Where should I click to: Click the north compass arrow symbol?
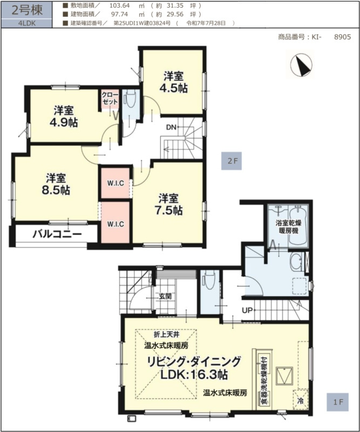pyautogui.click(x=302, y=65)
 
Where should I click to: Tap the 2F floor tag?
pyautogui.click(x=232, y=161)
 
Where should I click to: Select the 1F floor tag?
pyautogui.click(x=338, y=402)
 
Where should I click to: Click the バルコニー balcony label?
pyautogui.click(x=57, y=235)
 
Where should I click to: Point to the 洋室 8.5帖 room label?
pyautogui.click(x=56, y=184)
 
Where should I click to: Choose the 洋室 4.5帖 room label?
pyautogui.click(x=174, y=82)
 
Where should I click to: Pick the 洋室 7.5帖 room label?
pyautogui.click(x=168, y=204)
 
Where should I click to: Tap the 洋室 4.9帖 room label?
pyautogui.click(x=64, y=116)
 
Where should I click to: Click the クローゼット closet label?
pyautogui.click(x=110, y=98)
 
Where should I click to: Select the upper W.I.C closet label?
pyautogui.click(x=116, y=183)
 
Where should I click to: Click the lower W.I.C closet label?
pyautogui.click(x=116, y=224)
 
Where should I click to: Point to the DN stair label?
pyautogui.click(x=171, y=127)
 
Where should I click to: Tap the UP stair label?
pyautogui.click(x=247, y=310)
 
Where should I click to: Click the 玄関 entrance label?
pyautogui.click(x=165, y=296)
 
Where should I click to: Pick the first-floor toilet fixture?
pyautogui.click(x=209, y=280)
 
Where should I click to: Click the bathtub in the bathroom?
pyautogui.click(x=298, y=225)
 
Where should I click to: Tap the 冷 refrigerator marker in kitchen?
pyautogui.click(x=301, y=400)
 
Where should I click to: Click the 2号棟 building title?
pyautogui.click(x=27, y=10)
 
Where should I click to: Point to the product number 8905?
pyautogui.click(x=342, y=37)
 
